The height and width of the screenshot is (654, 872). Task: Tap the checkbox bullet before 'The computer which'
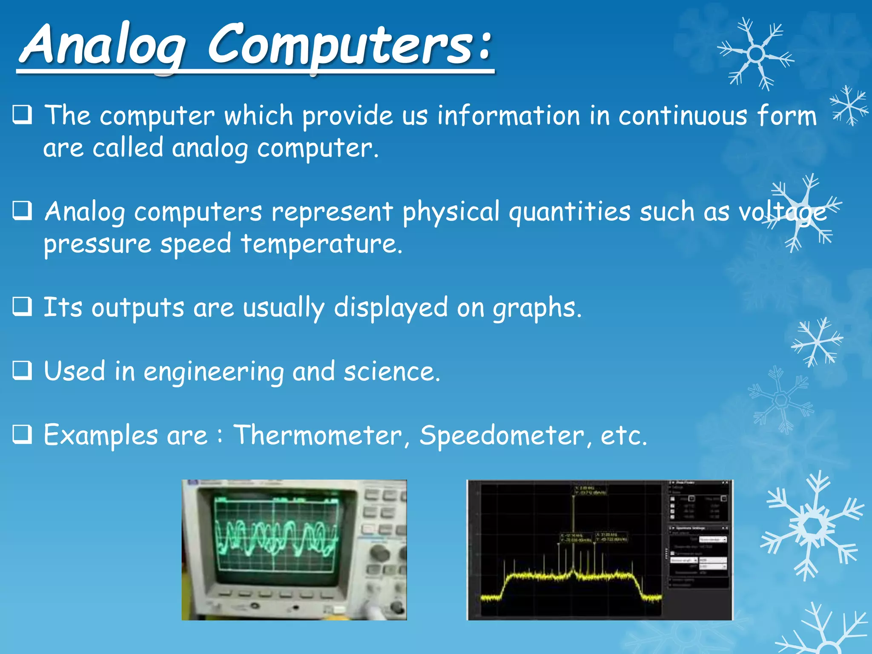click(22, 115)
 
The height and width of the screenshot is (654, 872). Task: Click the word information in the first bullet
click(509, 116)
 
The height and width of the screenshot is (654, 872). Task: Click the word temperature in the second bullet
click(321, 244)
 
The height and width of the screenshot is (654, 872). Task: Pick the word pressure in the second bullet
click(98, 245)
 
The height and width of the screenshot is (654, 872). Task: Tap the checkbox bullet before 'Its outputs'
click(22, 307)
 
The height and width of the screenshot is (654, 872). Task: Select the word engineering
click(213, 372)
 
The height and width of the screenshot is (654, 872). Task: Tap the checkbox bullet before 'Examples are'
click(22, 435)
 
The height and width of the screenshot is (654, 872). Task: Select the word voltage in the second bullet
click(782, 213)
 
